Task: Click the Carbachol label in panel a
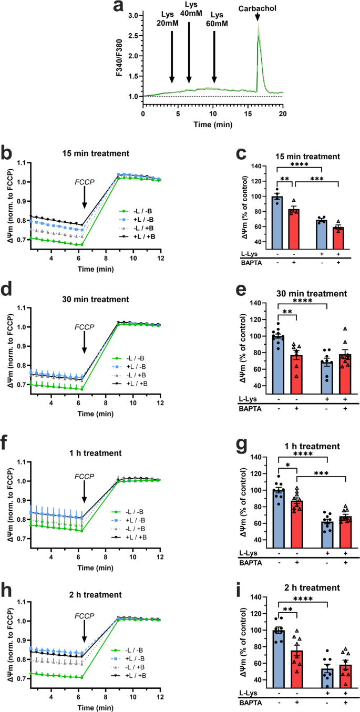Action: pos(258,8)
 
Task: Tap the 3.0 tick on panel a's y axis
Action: pos(135,16)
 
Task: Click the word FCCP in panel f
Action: pos(84,477)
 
